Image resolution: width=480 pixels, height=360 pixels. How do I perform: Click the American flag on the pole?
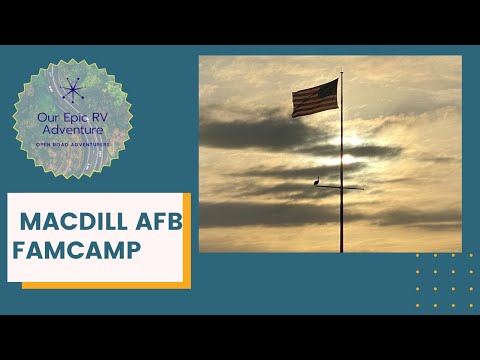click(315, 98)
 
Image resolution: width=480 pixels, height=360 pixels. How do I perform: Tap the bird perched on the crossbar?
click(317, 182)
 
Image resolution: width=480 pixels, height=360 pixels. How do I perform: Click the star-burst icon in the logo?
click(71, 91)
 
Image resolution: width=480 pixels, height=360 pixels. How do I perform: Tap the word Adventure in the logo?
click(71, 129)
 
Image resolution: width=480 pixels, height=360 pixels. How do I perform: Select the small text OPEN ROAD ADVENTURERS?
click(71, 142)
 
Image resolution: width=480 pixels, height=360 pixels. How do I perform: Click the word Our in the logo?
click(47, 116)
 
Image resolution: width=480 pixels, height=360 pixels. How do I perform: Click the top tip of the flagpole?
click(341, 71)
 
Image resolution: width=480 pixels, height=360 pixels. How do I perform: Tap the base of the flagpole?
click(341, 250)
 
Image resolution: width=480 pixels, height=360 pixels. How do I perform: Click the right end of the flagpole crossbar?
click(364, 188)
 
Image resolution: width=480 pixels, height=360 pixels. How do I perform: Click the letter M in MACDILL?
click(29, 220)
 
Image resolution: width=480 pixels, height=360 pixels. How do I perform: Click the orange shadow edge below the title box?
click(100, 286)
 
